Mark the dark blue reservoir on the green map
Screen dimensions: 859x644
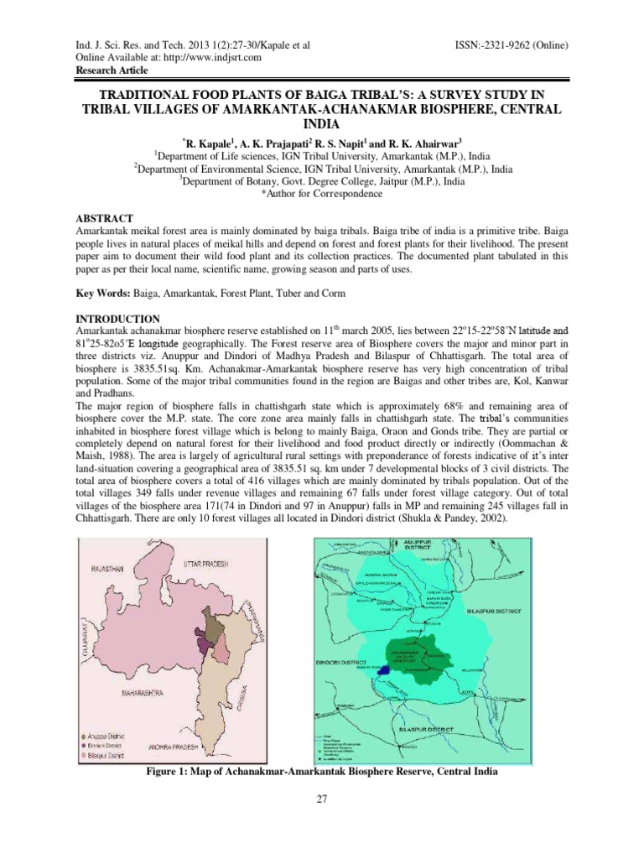pos(383,670)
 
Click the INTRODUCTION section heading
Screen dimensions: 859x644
pos(94,319)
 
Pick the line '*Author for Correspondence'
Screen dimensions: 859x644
pos(322,193)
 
